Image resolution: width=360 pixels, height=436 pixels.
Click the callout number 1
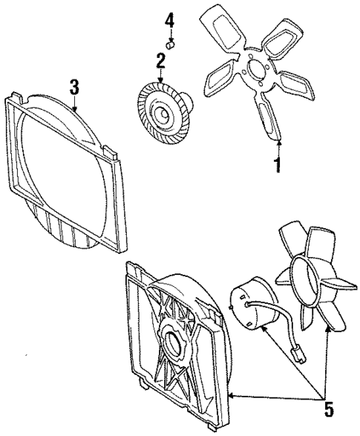[x=278, y=164]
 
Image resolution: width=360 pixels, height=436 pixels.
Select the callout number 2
[x=160, y=59]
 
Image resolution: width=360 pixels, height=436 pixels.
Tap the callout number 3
[x=74, y=87]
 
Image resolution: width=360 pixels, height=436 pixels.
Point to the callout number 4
[x=170, y=19]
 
